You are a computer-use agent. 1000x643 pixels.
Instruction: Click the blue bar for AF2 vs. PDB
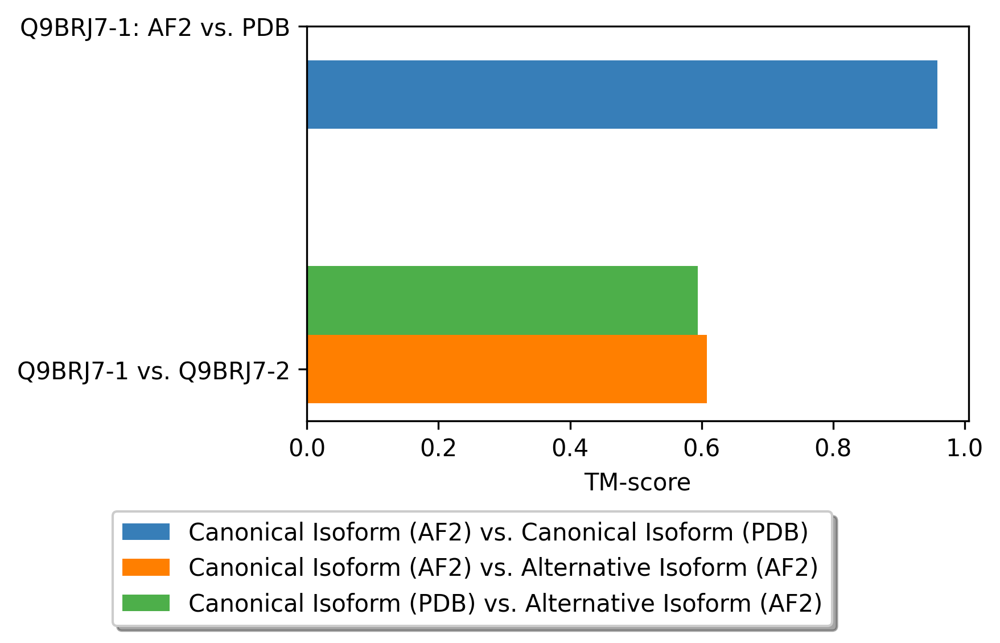tap(622, 95)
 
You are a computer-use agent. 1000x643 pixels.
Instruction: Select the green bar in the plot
tap(502, 300)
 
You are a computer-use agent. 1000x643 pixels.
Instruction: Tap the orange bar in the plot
tap(507, 369)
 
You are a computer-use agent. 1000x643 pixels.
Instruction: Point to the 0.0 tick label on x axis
tap(307, 448)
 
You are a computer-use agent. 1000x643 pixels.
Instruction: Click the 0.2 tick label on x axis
tap(438, 448)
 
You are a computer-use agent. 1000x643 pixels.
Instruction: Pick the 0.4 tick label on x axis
tap(570, 448)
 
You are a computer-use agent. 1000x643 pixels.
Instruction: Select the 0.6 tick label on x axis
tap(701, 448)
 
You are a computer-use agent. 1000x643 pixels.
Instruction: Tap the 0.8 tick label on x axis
tap(833, 448)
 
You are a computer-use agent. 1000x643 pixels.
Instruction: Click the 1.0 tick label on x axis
tap(964, 448)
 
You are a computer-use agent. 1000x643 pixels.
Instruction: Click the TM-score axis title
tap(637, 483)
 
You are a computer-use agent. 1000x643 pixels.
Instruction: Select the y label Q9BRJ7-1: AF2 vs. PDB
tap(155, 28)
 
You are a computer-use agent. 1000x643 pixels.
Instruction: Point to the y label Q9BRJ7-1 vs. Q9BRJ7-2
tap(154, 371)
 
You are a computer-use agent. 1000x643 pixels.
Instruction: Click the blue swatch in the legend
tap(146, 532)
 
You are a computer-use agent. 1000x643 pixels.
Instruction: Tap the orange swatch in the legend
tap(146, 567)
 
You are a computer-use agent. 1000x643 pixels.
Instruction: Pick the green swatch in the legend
tap(146, 603)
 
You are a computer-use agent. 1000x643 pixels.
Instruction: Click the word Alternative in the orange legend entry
tap(585, 568)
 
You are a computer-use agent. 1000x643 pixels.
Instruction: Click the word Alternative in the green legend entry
tap(589, 603)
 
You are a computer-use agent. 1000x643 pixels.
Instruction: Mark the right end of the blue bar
tap(937, 95)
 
